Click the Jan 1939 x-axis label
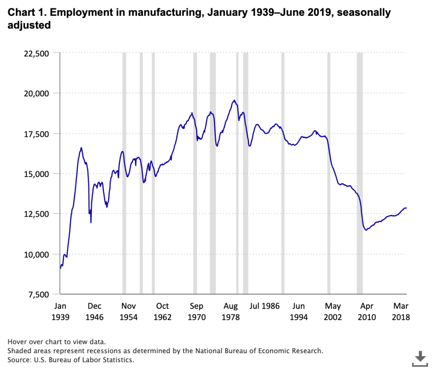click(x=60, y=311)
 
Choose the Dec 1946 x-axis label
click(x=94, y=311)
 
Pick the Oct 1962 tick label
click(x=162, y=311)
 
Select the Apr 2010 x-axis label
click(x=367, y=311)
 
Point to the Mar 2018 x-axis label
click(x=401, y=311)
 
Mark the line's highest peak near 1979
click(x=234, y=100)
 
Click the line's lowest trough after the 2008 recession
click(x=366, y=230)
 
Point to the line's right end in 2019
click(x=406, y=208)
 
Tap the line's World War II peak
click(x=81, y=148)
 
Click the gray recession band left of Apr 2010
click(x=360, y=171)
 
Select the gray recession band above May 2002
click(x=329, y=171)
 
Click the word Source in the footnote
click(x=18, y=360)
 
